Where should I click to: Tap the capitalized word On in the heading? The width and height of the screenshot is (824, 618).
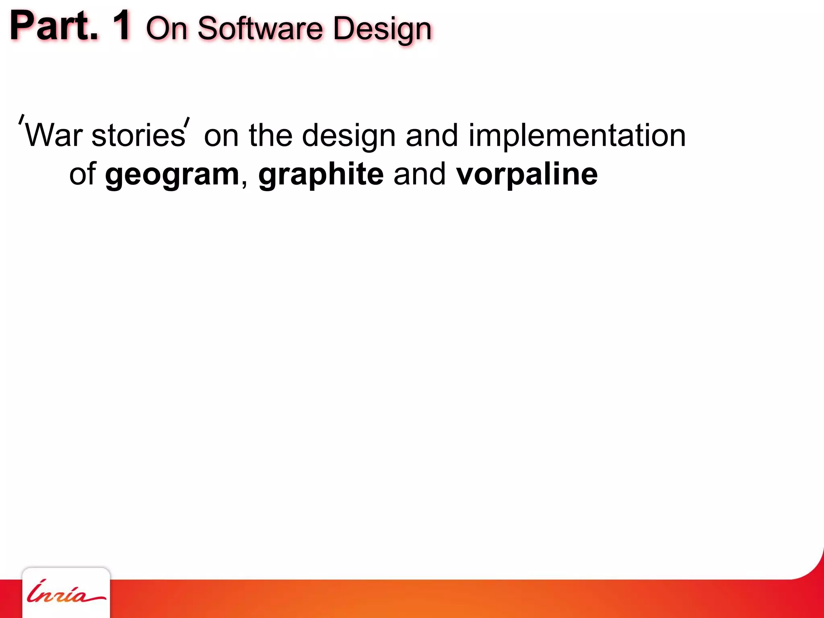pyautogui.click(x=167, y=29)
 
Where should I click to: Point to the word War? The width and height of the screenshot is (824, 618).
pyautogui.click(x=54, y=136)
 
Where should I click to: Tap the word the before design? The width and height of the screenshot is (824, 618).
pyautogui.click(x=270, y=136)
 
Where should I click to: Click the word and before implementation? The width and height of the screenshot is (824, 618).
pyautogui.click(x=432, y=136)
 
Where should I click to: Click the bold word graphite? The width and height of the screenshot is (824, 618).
pyautogui.click(x=321, y=175)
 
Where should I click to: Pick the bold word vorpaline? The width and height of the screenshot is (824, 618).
pyautogui.click(x=527, y=175)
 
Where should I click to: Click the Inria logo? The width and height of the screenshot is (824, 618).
pyautogui.click(x=66, y=594)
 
